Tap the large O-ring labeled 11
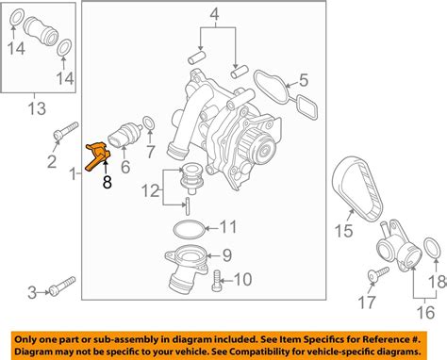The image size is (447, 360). (191, 227)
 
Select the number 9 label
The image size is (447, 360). (225, 254)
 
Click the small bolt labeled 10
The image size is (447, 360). (218, 279)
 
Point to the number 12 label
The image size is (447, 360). (152, 190)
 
